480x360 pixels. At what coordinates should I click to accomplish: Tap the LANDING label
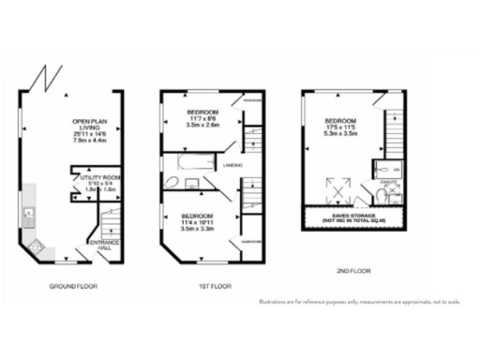tap(233, 165)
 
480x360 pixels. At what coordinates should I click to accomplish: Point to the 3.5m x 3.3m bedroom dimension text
tap(199, 228)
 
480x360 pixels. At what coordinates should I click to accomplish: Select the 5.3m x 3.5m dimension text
tap(339, 133)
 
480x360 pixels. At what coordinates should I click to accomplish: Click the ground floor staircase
tap(108, 222)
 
